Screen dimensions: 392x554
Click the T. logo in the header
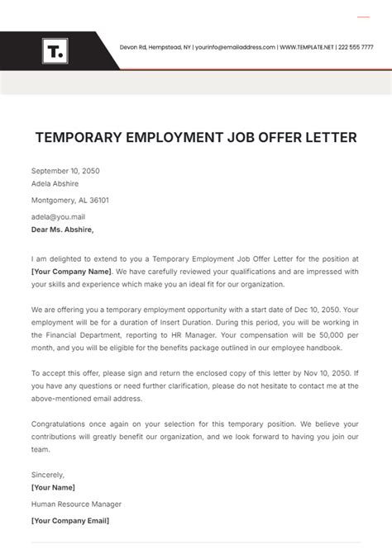click(55, 51)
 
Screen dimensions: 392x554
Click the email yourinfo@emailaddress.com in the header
click(235, 47)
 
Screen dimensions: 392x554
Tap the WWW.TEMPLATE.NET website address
click(307, 47)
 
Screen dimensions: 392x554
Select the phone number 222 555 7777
click(356, 47)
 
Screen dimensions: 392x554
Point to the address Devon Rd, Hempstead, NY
click(155, 47)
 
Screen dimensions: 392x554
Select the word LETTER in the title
click(328, 138)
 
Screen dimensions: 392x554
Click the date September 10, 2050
click(65, 171)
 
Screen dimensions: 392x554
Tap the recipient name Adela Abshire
click(56, 184)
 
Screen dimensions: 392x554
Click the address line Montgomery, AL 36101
click(70, 200)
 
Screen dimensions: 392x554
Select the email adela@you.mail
click(58, 216)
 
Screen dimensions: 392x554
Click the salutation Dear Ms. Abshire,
click(63, 230)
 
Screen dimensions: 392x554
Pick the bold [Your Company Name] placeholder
click(71, 271)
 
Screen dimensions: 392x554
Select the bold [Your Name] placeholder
click(53, 487)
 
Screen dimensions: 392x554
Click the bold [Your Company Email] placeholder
click(70, 520)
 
